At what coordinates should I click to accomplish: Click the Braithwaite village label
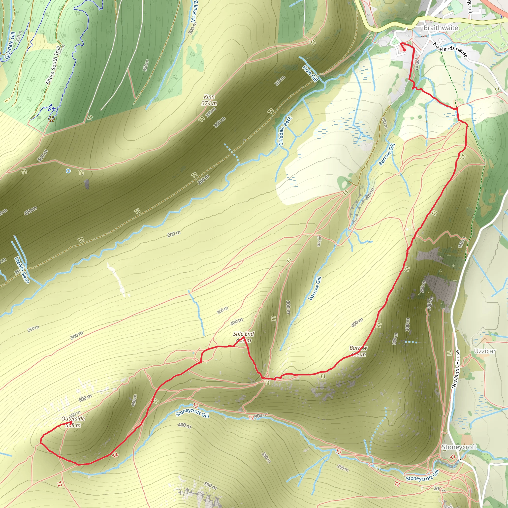tap(441, 28)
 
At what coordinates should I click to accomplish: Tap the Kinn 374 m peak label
tap(209, 100)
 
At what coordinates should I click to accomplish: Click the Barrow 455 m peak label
tap(358, 351)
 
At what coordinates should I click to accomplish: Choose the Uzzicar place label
tap(485, 351)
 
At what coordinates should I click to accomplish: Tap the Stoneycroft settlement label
tap(459, 447)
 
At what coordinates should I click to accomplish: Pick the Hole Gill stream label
tap(310, 73)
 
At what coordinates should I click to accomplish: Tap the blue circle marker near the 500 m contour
tap(68, 171)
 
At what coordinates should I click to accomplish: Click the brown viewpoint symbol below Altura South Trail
tap(52, 119)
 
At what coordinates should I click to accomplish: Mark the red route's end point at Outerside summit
tap(71, 422)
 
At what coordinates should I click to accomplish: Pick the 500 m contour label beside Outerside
tap(85, 398)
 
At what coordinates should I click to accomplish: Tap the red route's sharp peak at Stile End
tap(244, 337)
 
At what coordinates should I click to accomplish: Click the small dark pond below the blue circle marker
tap(87, 184)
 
